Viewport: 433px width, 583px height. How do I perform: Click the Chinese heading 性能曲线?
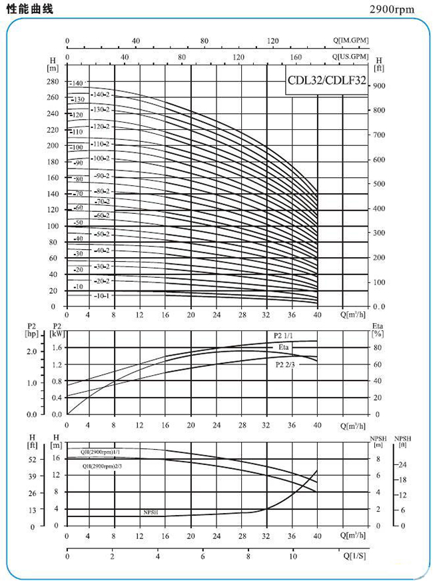click(29, 9)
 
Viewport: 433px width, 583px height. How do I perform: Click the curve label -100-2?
click(103, 159)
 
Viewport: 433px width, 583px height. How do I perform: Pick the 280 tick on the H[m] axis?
click(53, 81)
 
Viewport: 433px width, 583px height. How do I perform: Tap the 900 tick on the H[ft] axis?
click(379, 86)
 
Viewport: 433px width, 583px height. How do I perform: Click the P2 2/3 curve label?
click(286, 364)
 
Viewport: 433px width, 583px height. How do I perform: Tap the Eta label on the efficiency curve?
click(282, 347)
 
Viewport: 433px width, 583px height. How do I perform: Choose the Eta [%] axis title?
click(378, 330)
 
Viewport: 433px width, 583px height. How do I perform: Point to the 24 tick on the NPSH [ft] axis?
click(402, 464)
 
